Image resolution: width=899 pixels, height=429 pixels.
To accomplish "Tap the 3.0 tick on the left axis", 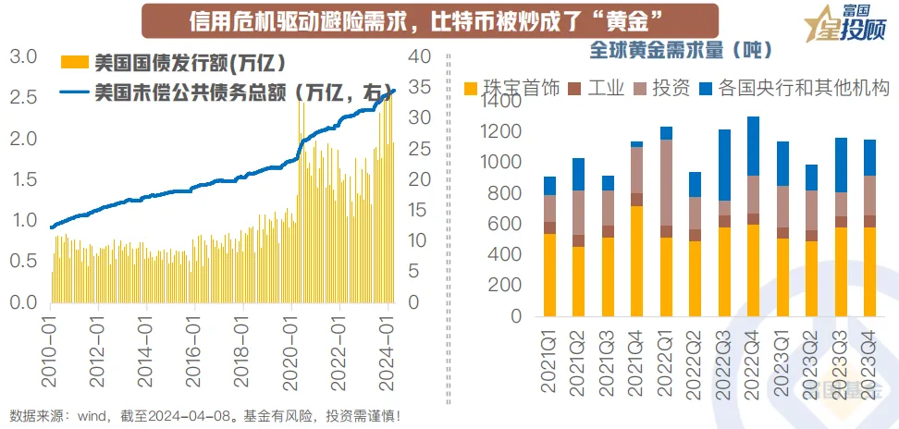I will click(x=24, y=57).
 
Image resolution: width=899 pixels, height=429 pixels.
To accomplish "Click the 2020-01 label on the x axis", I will click(x=294, y=343).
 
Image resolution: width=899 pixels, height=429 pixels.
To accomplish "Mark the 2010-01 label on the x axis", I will click(x=49, y=343).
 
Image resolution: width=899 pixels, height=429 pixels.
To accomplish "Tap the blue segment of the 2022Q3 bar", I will click(x=725, y=165).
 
